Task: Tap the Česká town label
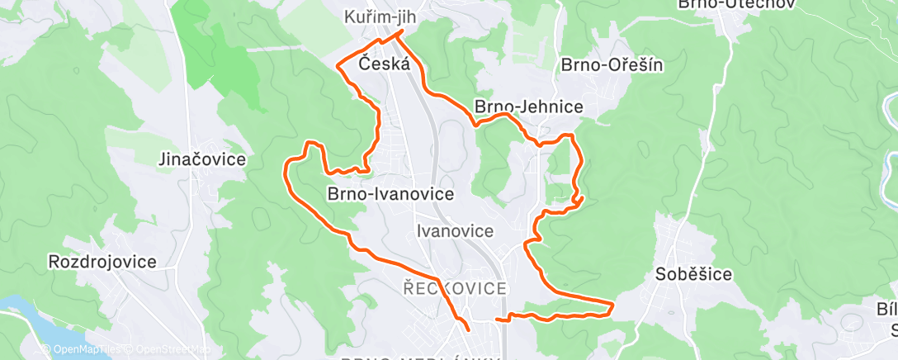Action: coord(385,64)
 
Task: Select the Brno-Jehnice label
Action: coord(528,107)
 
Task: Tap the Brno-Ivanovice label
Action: coord(390,195)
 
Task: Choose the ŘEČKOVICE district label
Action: coord(454,288)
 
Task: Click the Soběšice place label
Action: coord(692,274)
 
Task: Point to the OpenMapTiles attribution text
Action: coord(83,349)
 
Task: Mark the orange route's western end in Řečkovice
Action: coord(468,329)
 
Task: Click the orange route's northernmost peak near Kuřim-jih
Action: coord(401,31)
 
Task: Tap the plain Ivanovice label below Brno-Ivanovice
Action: coord(455,231)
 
